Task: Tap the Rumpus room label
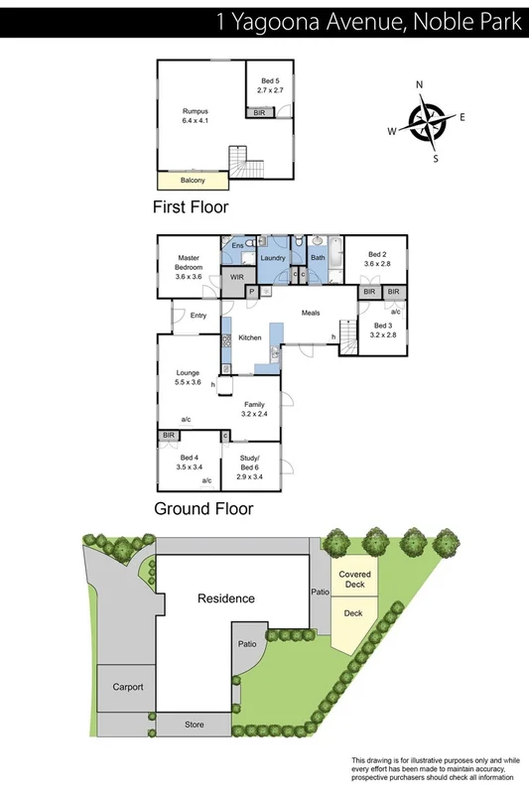tap(193, 115)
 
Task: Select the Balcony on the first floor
tap(193, 181)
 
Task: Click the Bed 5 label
tap(271, 85)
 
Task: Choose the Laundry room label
tap(274, 259)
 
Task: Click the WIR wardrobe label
tap(236, 277)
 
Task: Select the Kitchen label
tap(249, 338)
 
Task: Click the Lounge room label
tap(189, 377)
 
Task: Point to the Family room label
tap(256, 409)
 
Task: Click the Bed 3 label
tap(384, 331)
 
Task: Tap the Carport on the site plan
tap(127, 687)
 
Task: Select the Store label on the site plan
tap(195, 726)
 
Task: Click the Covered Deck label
tap(353, 579)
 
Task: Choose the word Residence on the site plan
tap(225, 598)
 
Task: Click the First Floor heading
tap(191, 207)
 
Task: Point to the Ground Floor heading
tap(203, 508)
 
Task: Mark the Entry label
tap(198, 317)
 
